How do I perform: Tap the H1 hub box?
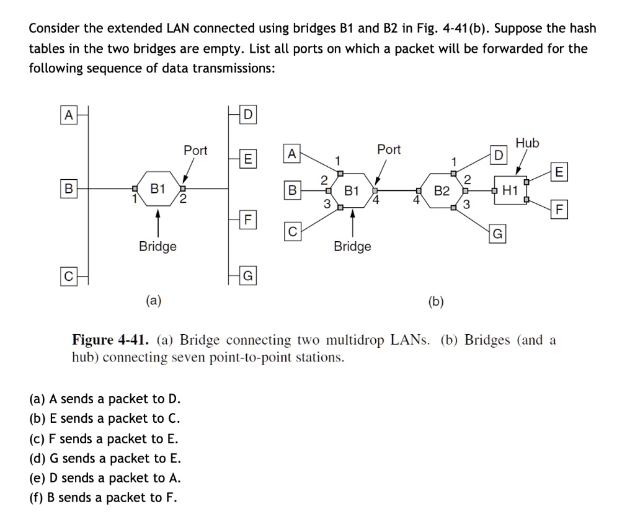pos(510,190)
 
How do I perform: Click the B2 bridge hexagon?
pos(442,190)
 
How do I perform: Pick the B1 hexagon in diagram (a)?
pos(158,188)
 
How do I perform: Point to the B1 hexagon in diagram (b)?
pos(352,190)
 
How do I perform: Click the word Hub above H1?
pos(528,143)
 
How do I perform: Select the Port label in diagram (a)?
pos(195,151)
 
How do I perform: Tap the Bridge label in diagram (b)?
pos(352,246)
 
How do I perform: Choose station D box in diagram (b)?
pos(499,154)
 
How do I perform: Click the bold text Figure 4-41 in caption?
pos(111,340)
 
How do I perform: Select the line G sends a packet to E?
pos(105,458)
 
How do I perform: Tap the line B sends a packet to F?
pos(104,497)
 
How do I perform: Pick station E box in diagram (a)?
pos(247,159)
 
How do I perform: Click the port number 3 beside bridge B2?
pos(467,204)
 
